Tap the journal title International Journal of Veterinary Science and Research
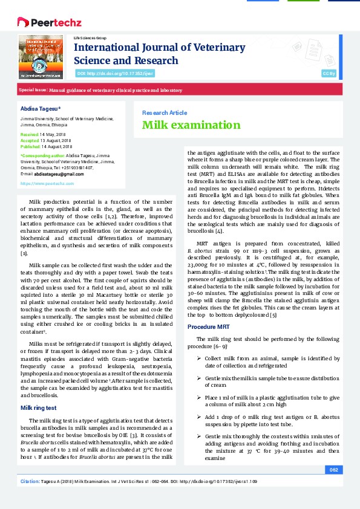coord(159,53)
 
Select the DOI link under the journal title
coord(114,73)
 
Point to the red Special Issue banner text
coord(100,90)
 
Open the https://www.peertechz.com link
coord(47,183)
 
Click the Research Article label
coord(164,112)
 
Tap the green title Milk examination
coord(183,125)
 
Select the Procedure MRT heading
coord(209,326)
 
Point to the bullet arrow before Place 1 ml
coord(199,397)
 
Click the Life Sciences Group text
coord(90,37)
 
